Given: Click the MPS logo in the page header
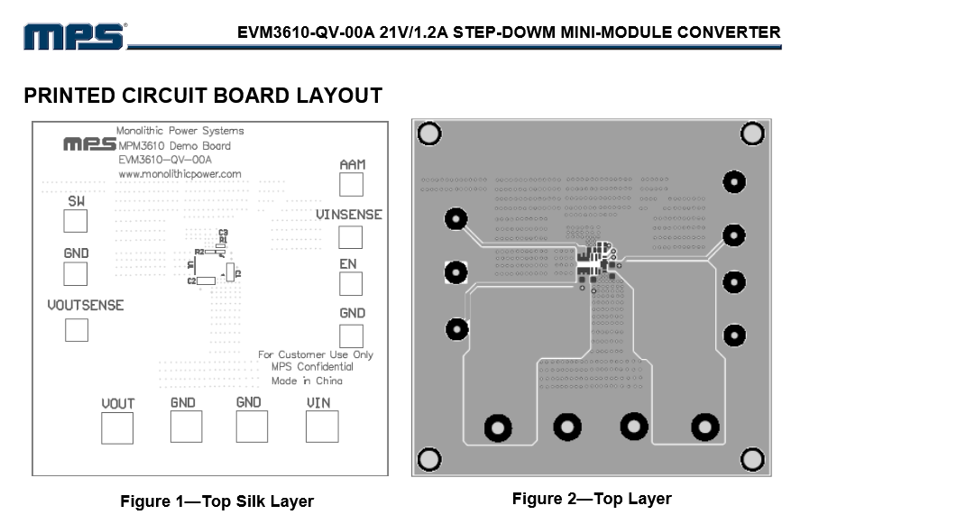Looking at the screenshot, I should click(74, 36).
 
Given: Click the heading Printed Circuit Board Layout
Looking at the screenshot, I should click(203, 96).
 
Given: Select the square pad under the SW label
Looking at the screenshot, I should click(76, 222).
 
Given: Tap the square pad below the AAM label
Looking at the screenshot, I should click(351, 185).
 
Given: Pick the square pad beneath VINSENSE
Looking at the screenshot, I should click(350, 237).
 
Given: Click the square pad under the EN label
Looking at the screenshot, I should click(350, 284).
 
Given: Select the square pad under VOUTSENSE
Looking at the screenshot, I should click(77, 330).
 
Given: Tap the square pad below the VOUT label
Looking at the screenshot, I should click(117, 427).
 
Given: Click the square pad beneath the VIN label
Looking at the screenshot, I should click(322, 427).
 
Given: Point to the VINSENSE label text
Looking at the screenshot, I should click(348, 215).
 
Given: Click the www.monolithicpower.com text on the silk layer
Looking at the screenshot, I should click(179, 174).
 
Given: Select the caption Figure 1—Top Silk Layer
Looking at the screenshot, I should click(216, 501).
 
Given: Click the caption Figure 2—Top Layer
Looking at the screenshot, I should click(592, 499).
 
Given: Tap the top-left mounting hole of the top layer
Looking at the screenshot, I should click(429, 134).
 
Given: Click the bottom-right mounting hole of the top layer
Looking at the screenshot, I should click(752, 460).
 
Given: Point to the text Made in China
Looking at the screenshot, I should click(307, 381).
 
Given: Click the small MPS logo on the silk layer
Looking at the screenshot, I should click(89, 144).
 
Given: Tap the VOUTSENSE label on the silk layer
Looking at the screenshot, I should click(86, 306).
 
